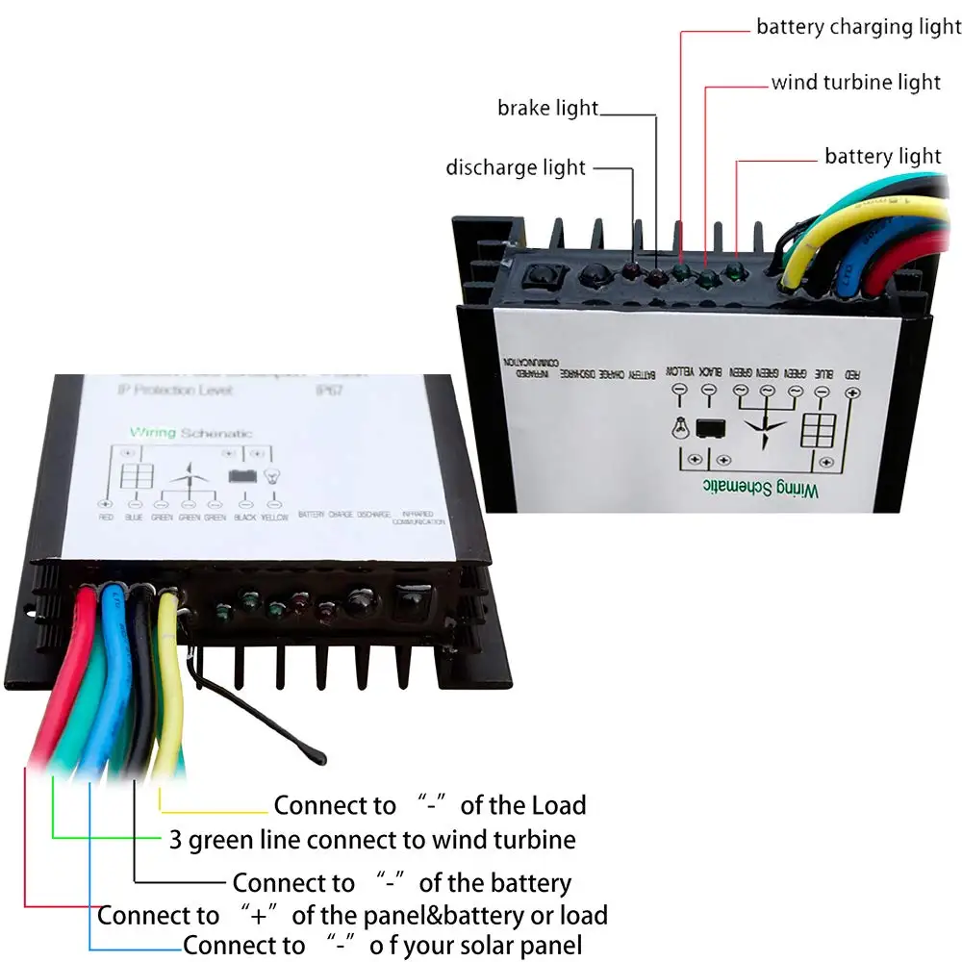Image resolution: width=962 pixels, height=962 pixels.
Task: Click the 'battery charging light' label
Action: (858, 26)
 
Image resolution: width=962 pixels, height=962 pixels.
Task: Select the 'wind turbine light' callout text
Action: (855, 82)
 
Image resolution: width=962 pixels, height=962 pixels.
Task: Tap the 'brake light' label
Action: (547, 108)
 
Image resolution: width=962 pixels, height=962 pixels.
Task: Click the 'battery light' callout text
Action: (882, 156)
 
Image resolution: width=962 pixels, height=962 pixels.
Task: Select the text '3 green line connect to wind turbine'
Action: (372, 840)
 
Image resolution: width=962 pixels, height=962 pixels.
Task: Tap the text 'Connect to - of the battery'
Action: (401, 882)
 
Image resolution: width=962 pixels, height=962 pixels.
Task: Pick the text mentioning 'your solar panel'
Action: (383, 945)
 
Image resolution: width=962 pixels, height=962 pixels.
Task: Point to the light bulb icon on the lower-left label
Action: (273, 474)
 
